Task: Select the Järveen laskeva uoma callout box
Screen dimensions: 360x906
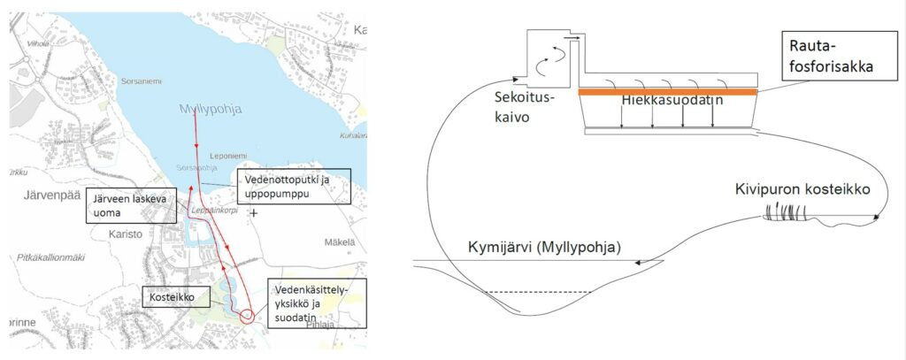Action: pos(132,205)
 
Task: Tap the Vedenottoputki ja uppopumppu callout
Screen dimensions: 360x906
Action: pos(292,188)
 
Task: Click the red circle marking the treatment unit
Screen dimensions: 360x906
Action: pos(247,314)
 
